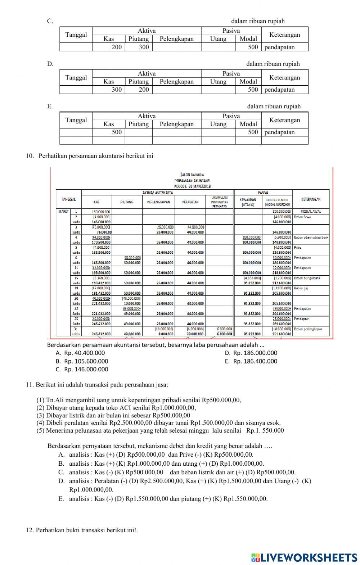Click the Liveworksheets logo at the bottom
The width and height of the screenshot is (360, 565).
[x=304, y=557]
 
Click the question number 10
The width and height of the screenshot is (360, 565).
[x=30, y=156]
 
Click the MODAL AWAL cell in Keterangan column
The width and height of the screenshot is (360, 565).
[x=311, y=211]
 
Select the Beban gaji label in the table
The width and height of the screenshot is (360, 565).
[x=301, y=288]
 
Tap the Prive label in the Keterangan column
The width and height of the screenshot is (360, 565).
[x=298, y=248]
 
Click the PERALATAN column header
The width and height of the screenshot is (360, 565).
[x=190, y=202]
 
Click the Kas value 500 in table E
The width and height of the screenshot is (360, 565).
[x=117, y=132]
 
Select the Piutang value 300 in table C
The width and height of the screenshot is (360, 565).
[x=144, y=47]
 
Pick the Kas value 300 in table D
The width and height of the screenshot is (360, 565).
[x=117, y=90]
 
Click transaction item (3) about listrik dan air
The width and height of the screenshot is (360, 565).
[x=113, y=415]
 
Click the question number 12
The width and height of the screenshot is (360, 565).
[x=30, y=530]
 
